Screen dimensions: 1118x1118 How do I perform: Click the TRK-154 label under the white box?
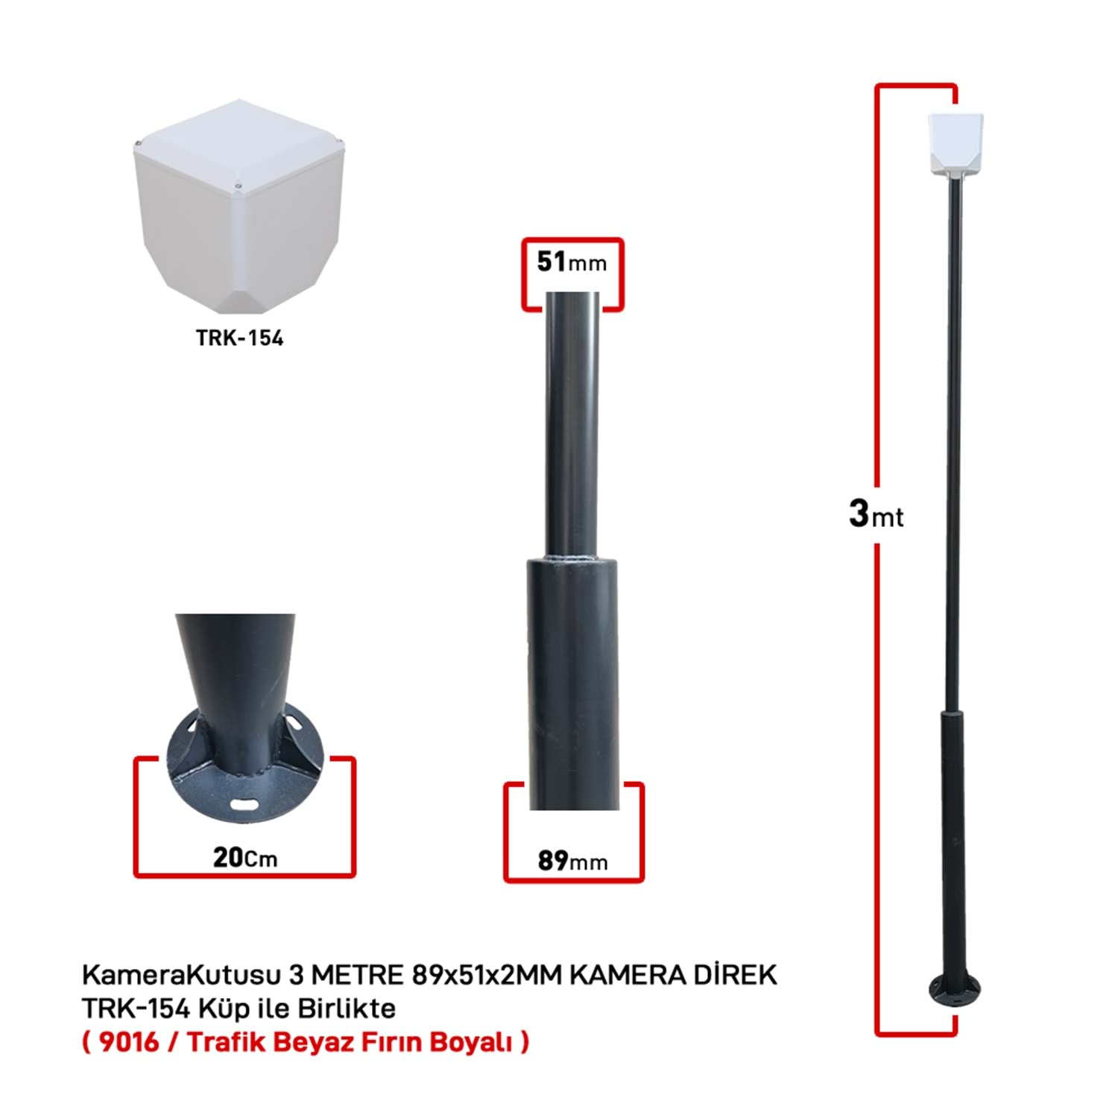[x=239, y=338]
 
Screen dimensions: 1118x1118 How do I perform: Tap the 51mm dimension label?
[x=572, y=262]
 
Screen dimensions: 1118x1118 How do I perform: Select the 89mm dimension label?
[x=572, y=860]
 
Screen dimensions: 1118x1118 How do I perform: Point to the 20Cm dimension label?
[x=245, y=858]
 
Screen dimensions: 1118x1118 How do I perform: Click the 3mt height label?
[x=876, y=514]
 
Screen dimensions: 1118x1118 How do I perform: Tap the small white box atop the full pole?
[x=955, y=146]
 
